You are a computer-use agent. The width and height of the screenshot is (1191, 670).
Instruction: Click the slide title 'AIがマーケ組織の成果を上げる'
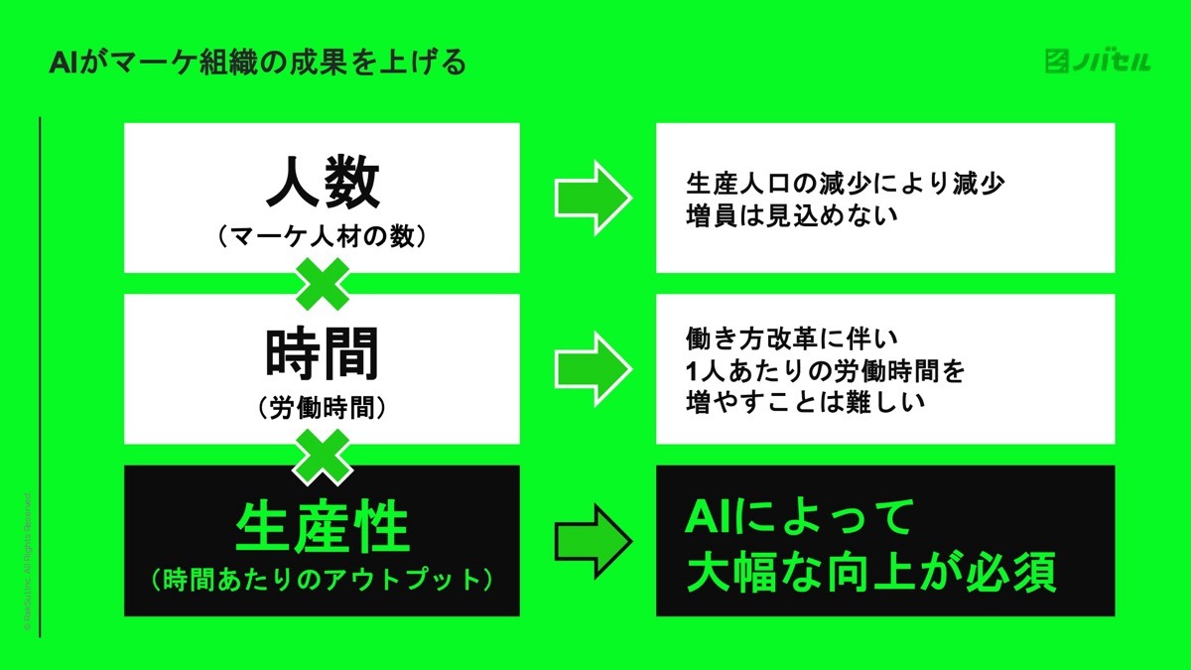click(x=257, y=65)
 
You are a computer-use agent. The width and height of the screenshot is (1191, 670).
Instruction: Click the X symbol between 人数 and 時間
click(x=322, y=283)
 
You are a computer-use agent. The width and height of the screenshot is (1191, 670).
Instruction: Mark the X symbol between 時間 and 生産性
click(x=322, y=455)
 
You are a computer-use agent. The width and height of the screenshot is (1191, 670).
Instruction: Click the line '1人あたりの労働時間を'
click(x=826, y=370)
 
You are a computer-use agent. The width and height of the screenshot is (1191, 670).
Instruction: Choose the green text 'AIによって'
click(x=799, y=517)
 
